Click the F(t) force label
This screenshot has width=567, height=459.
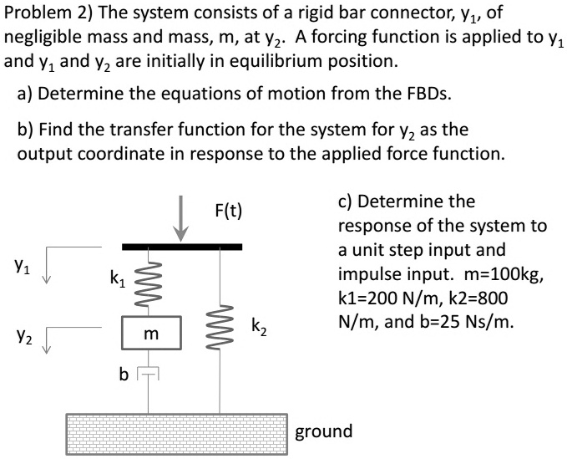tap(226, 210)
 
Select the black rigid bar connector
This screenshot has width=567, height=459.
tap(181, 247)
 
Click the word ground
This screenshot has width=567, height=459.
tap(324, 431)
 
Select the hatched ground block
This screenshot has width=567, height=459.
tap(176, 431)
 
